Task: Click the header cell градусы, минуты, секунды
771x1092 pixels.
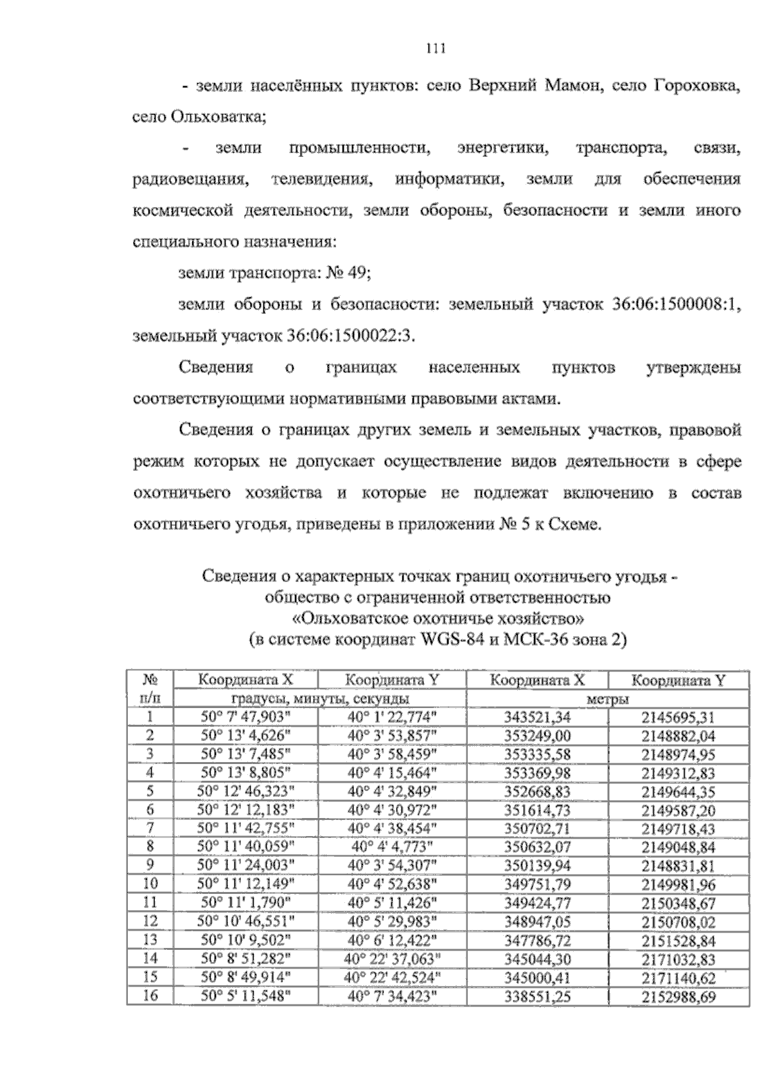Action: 320,699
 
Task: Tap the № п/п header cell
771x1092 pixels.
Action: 150,689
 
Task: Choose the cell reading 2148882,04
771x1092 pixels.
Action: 678,736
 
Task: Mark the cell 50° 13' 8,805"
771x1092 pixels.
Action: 246,773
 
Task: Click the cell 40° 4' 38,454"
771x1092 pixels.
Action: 392,829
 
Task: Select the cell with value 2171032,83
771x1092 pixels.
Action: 678,960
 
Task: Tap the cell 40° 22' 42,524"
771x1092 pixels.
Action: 392,978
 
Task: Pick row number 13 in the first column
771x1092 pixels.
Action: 150,941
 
